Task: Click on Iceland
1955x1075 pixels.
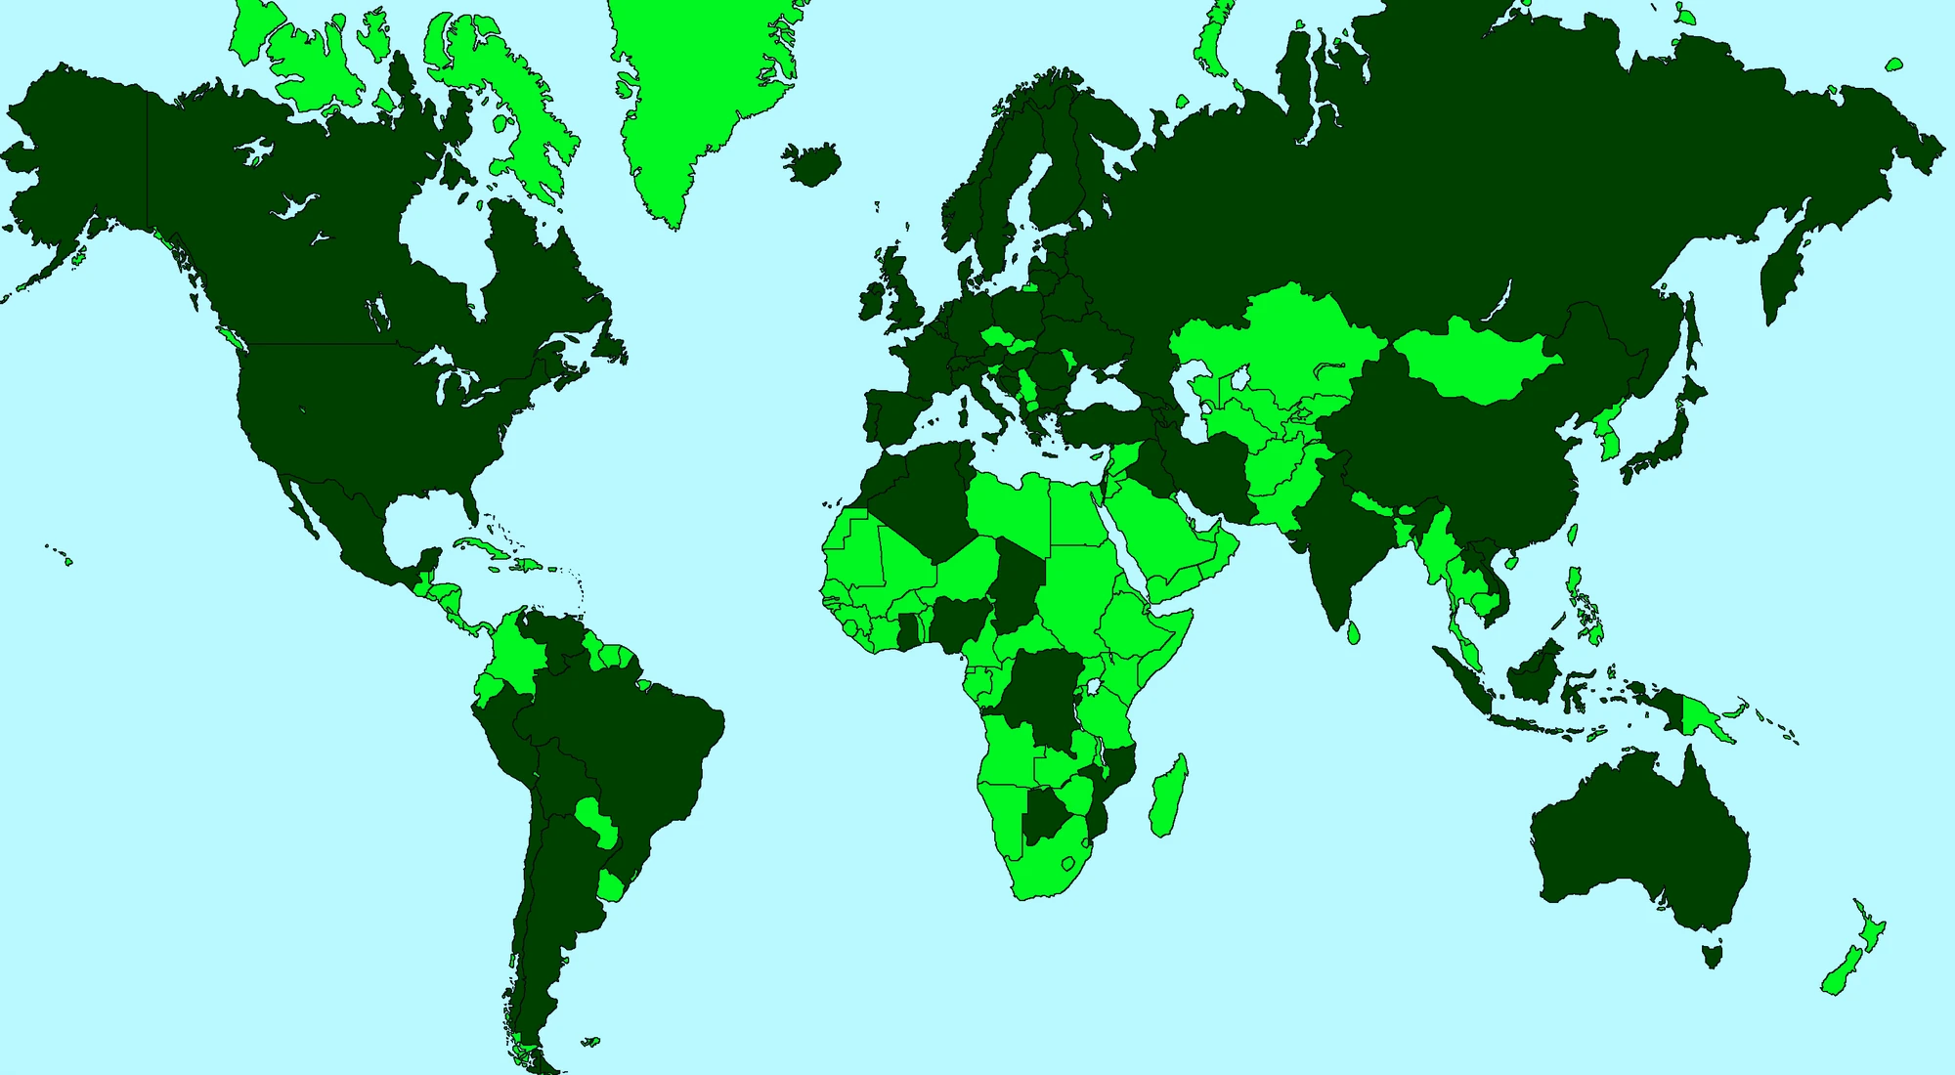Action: tap(811, 164)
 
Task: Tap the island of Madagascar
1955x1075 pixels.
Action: tap(1168, 796)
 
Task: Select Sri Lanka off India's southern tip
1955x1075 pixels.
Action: tap(1354, 633)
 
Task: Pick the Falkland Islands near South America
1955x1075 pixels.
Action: tap(589, 1042)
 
